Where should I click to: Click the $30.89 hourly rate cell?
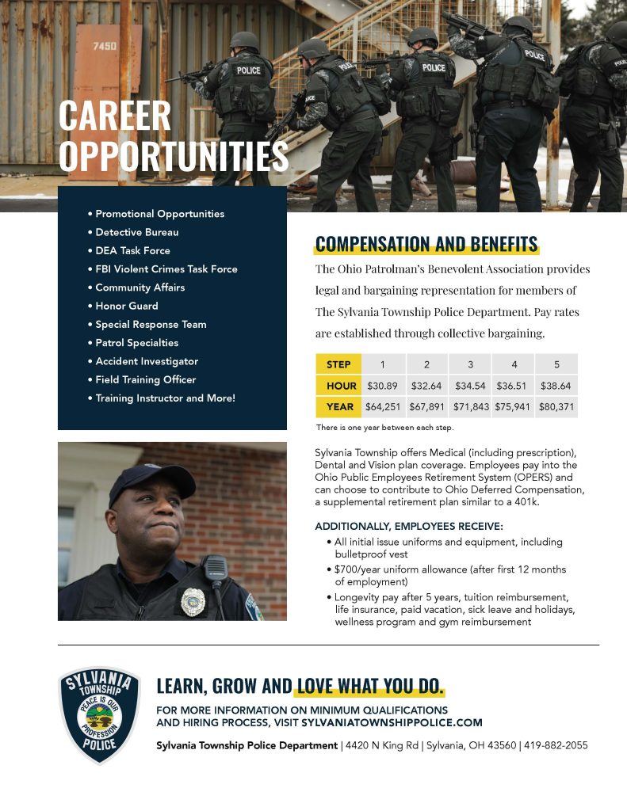[x=382, y=386]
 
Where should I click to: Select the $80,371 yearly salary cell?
[x=556, y=407]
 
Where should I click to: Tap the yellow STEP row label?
[x=338, y=364]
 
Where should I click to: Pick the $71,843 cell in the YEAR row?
[x=469, y=407]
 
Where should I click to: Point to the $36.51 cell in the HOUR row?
[x=512, y=386]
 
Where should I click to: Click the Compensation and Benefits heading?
[x=426, y=244]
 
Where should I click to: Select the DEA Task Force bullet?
[x=132, y=250]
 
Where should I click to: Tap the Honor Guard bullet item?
[x=126, y=306]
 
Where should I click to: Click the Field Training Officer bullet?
[x=145, y=379]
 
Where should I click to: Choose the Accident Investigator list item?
[x=147, y=361]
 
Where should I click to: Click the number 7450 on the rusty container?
[x=105, y=46]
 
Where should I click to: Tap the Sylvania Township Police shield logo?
[x=100, y=715]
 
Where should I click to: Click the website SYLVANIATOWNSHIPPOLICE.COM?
[x=392, y=722]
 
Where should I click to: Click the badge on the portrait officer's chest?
[x=193, y=601]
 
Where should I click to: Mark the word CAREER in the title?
[x=115, y=117]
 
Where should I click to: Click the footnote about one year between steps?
[x=384, y=428]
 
